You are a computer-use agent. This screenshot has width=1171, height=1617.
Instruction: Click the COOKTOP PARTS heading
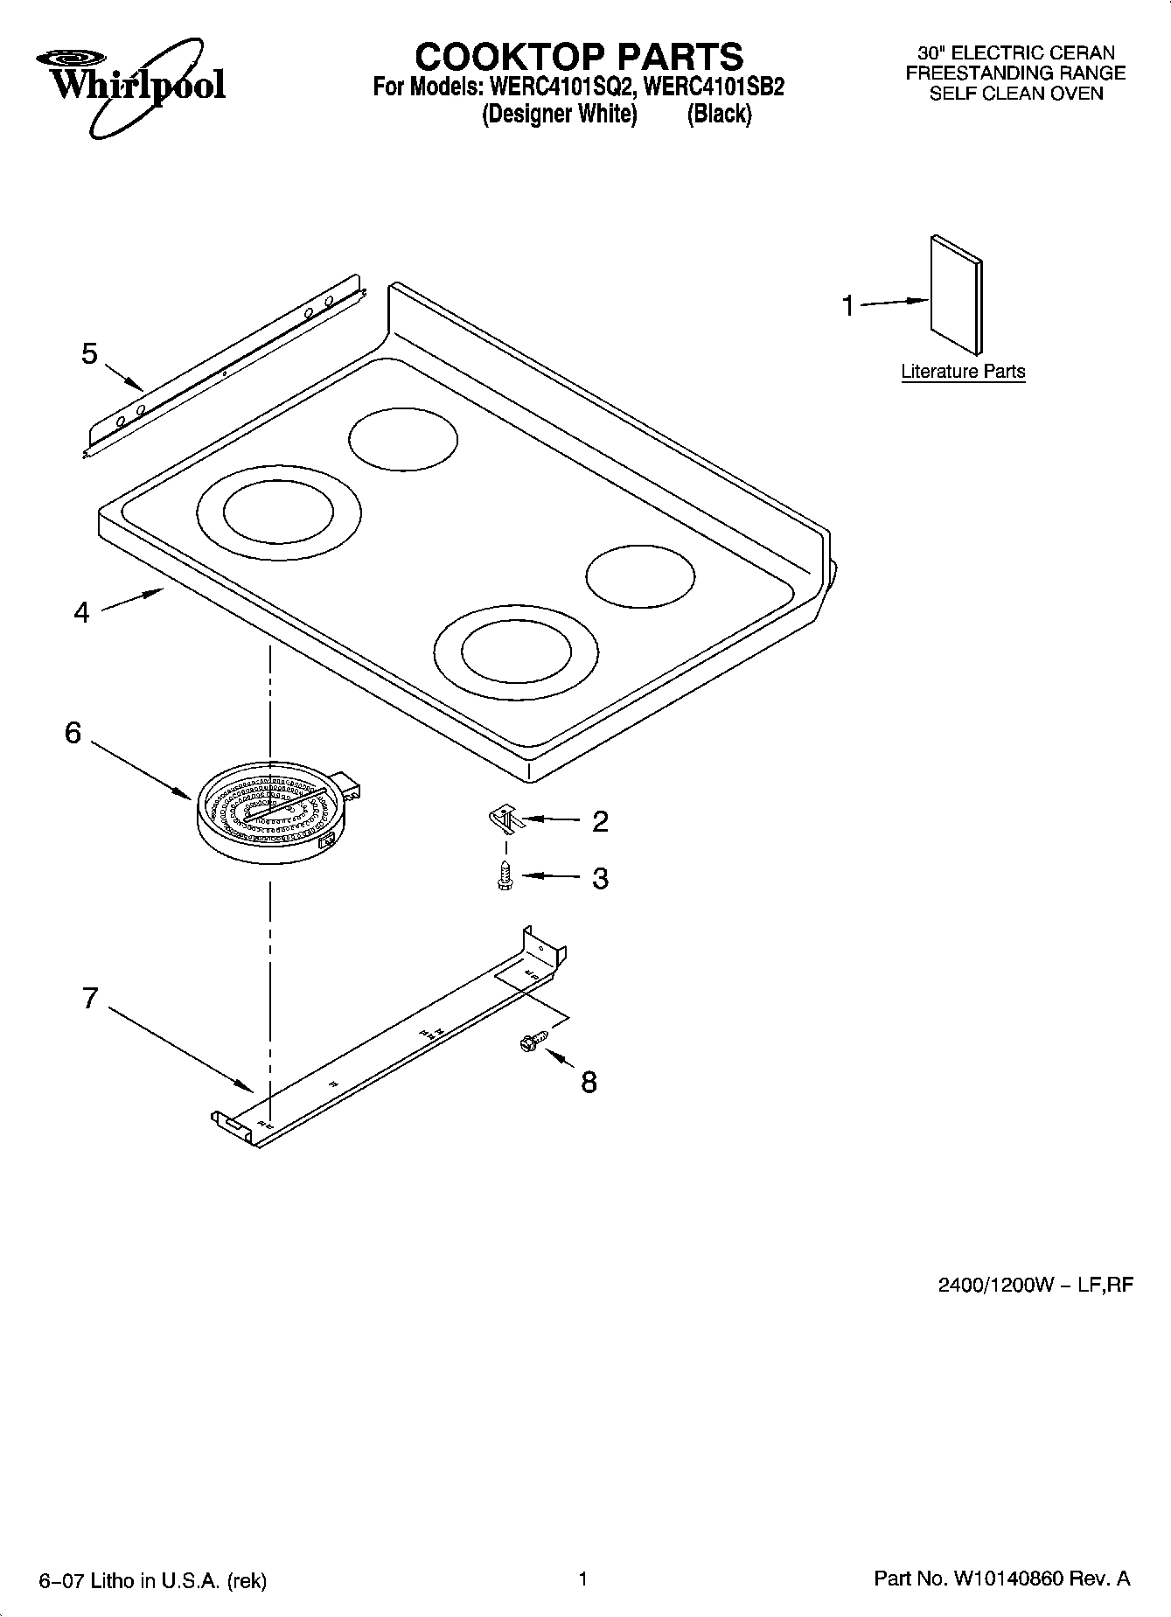[x=578, y=57]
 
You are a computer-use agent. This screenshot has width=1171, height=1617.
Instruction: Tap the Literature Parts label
[x=963, y=372]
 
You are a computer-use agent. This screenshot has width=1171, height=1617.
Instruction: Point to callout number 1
[x=847, y=306]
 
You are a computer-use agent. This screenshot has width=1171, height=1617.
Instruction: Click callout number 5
[x=89, y=354]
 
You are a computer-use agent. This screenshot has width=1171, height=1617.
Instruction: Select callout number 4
[x=81, y=612]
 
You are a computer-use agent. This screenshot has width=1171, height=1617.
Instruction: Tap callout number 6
[x=73, y=733]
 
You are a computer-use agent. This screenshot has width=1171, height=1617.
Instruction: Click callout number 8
[x=589, y=1083]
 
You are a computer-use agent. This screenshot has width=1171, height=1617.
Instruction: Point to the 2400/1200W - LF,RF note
[x=1035, y=1285]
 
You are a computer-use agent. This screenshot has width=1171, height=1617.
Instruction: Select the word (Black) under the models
[x=719, y=115]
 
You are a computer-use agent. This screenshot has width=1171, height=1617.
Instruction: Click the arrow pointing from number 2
[x=551, y=820]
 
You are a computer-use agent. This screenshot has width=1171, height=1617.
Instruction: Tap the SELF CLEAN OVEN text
[x=1015, y=94]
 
